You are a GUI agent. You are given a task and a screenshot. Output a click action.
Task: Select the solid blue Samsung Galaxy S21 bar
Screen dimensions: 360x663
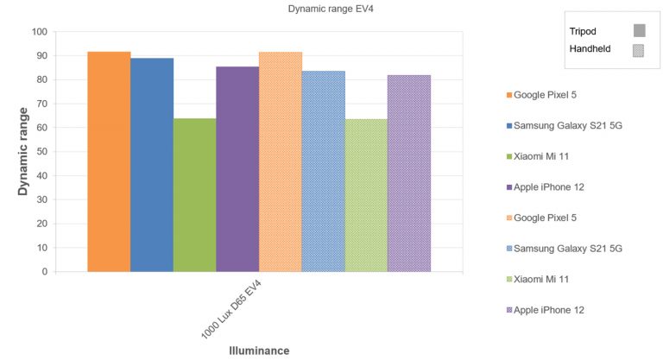pyautogui.click(x=152, y=165)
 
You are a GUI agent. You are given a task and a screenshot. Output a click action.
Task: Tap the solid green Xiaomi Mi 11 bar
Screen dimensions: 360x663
pyautogui.click(x=194, y=195)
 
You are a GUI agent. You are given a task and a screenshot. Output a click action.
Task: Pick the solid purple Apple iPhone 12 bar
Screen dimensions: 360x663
pyautogui.click(x=237, y=169)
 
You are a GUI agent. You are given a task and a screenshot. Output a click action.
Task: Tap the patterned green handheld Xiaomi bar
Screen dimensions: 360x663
pyautogui.click(x=366, y=195)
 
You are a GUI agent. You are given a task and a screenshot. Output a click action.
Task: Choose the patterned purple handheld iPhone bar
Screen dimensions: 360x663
pyautogui.click(x=409, y=173)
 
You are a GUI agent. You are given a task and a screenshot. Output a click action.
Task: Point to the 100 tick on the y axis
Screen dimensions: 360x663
pyautogui.click(x=39, y=32)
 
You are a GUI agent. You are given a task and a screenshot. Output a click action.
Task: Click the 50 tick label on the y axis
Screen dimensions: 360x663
pyautogui.click(x=41, y=152)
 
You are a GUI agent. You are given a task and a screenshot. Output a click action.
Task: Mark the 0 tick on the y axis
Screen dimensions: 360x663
pyautogui.click(x=44, y=272)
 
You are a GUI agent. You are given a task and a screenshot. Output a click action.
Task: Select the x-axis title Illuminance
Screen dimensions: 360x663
pyautogui.click(x=259, y=351)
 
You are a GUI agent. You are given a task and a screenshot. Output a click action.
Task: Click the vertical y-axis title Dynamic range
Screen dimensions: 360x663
pyautogui.click(x=24, y=152)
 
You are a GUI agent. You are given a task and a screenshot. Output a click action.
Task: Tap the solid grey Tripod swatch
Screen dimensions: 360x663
pyautogui.click(x=640, y=31)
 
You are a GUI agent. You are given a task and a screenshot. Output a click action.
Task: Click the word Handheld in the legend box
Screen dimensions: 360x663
pyautogui.click(x=590, y=49)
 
